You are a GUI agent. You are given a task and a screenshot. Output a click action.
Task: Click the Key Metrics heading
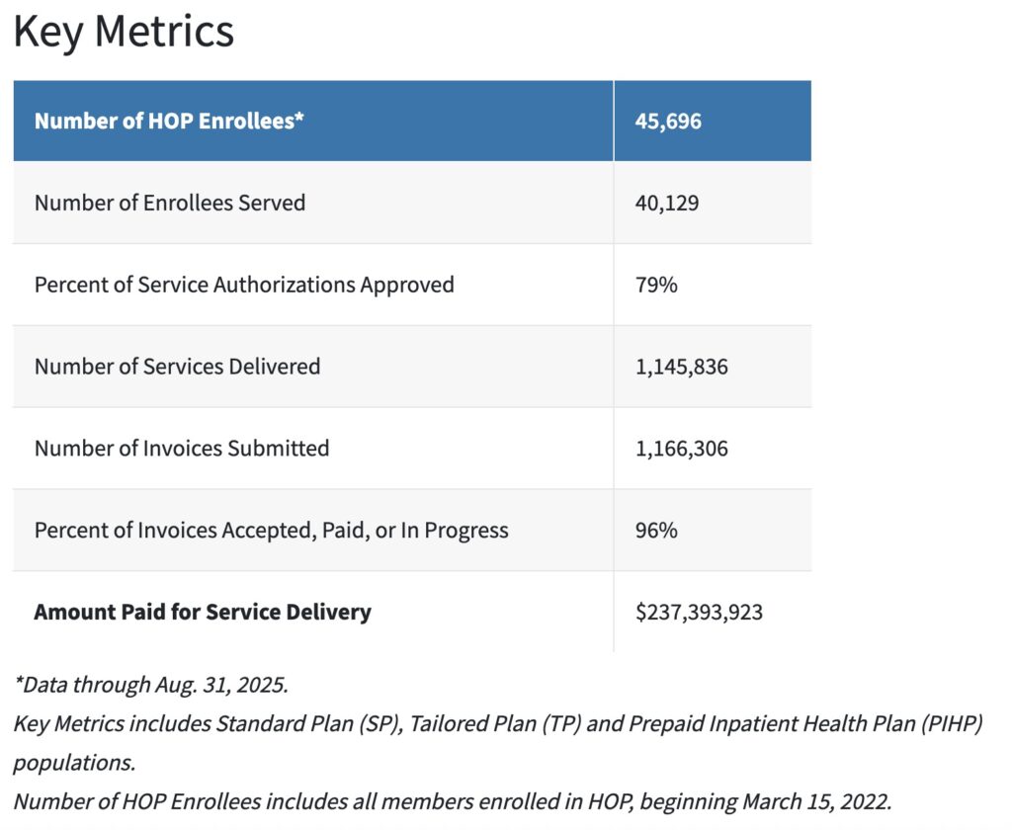tap(124, 33)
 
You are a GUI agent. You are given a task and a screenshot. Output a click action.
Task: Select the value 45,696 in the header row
tap(668, 122)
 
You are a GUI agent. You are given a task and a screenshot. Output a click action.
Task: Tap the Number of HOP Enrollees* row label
tap(169, 122)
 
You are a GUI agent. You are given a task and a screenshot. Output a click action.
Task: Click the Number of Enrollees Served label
tap(170, 203)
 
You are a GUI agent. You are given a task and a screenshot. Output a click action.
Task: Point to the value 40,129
tap(668, 203)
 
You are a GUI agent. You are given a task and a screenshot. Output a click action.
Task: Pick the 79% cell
tap(656, 285)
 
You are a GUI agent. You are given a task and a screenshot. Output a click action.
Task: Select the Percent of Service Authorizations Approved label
tap(244, 285)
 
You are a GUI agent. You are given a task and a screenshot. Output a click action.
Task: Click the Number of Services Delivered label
tap(177, 367)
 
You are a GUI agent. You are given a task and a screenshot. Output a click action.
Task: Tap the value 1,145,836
tap(682, 367)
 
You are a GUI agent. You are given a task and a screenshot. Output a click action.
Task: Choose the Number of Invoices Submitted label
tap(182, 449)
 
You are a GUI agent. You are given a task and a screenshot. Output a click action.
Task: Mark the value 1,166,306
tap(682, 449)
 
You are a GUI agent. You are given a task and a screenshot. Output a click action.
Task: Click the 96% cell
tap(656, 531)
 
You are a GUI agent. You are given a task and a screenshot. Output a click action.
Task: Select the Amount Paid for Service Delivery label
tap(203, 612)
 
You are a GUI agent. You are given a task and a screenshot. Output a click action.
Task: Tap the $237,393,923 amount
tap(700, 613)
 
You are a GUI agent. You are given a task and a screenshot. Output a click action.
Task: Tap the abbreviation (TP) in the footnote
tap(568, 723)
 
